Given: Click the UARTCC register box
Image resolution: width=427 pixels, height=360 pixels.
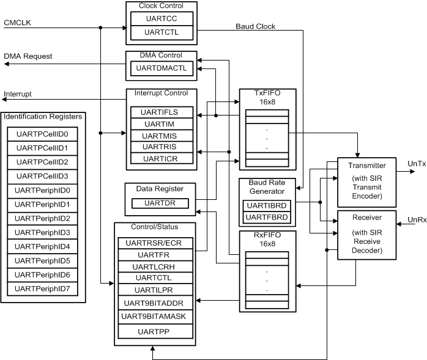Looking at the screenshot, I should click(x=162, y=18).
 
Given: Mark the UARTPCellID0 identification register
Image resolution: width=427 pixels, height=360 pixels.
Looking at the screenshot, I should click(x=42, y=134).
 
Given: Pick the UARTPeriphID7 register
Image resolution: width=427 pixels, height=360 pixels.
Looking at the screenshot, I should click(x=42, y=288).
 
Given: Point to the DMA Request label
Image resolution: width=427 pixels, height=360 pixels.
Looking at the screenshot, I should click(x=28, y=56).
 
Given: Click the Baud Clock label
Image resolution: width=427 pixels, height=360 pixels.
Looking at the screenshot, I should click(x=256, y=26).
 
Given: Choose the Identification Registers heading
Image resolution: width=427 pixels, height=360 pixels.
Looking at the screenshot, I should click(x=42, y=116).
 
